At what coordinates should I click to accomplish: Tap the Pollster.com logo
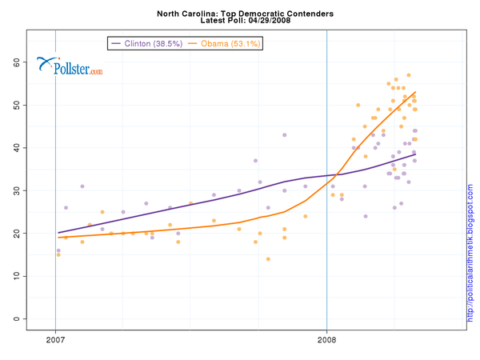coord(70,68)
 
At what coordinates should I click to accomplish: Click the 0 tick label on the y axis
coord(16,318)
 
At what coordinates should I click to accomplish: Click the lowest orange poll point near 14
coord(268,259)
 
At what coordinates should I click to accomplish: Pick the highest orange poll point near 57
coord(409,75)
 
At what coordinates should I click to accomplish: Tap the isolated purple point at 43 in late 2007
coord(284,135)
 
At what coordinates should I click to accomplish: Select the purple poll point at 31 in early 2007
coord(82,186)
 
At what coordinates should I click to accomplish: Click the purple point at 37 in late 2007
coord(255,161)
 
